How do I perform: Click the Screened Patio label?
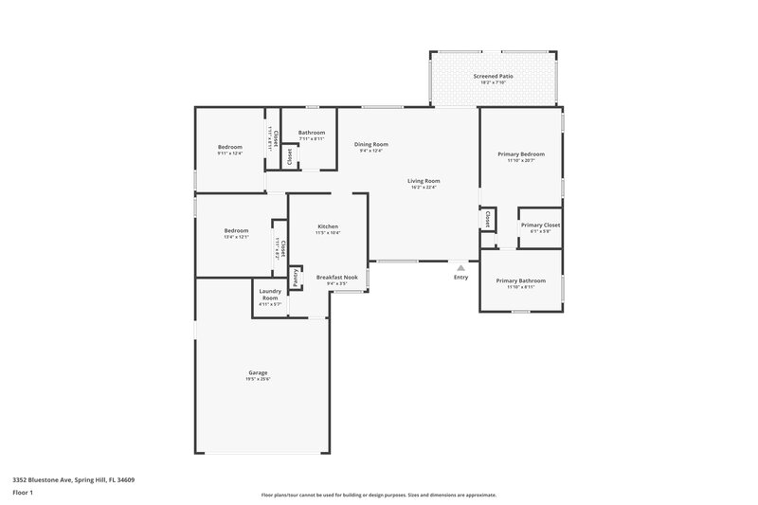(491, 76)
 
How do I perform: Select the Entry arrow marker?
(461, 268)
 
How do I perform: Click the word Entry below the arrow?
(461, 278)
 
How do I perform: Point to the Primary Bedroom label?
(521, 153)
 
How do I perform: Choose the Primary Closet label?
(540, 225)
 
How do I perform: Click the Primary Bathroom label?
(520, 280)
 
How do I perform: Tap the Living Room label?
(424, 181)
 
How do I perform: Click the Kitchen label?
(328, 226)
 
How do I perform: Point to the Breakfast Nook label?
(336, 277)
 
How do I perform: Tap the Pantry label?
(296, 278)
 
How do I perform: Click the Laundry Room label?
(270, 295)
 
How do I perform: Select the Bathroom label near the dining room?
(312, 133)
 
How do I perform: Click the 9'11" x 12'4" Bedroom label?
(230, 147)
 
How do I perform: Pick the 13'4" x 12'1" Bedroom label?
(236, 230)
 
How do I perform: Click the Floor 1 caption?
(23, 494)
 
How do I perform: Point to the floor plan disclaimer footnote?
(378, 495)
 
